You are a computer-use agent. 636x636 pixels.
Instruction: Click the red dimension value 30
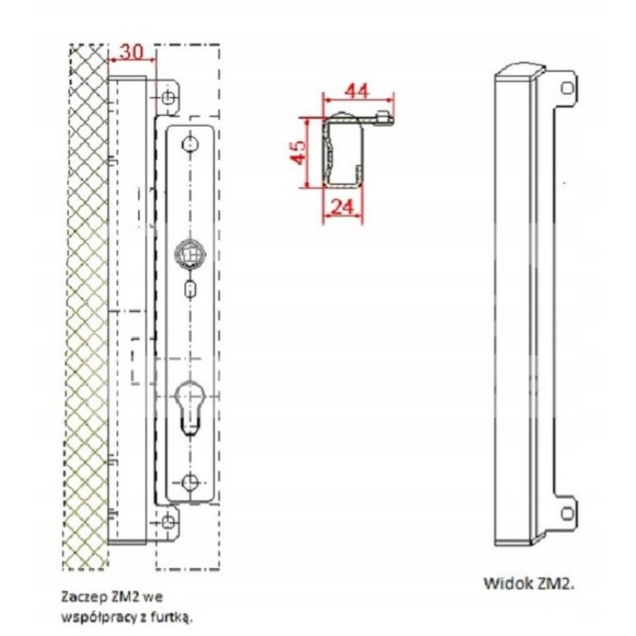(x=132, y=52)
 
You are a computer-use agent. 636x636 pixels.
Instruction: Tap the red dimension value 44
(x=357, y=91)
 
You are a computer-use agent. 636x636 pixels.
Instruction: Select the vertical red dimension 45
(x=299, y=153)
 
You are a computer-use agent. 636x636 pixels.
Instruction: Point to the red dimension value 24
(x=343, y=207)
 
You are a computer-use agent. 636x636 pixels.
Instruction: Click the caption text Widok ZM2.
(x=529, y=584)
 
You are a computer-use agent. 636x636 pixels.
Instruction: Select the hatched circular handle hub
(x=189, y=254)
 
